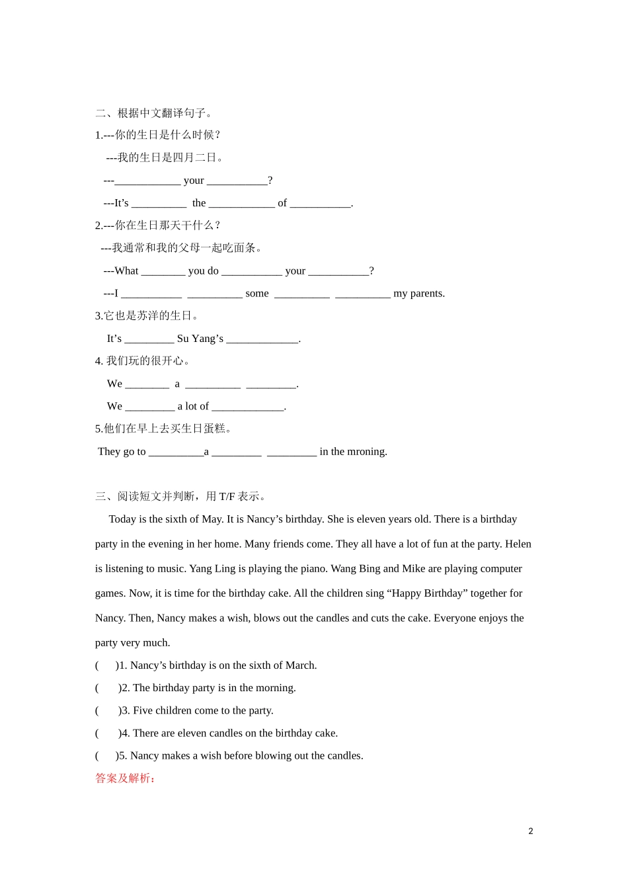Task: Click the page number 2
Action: [x=530, y=831]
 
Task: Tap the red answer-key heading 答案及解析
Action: [x=125, y=779]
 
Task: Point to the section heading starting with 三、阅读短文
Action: [x=180, y=497]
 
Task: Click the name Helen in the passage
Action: [x=518, y=544]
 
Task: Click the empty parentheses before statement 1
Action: [x=106, y=665]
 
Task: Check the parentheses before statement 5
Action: [x=106, y=755]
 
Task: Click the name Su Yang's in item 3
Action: [x=200, y=339]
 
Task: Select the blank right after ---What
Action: [x=163, y=272]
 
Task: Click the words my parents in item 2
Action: [x=419, y=294]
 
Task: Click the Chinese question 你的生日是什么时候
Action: [x=167, y=135]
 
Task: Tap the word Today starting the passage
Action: [x=122, y=519]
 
